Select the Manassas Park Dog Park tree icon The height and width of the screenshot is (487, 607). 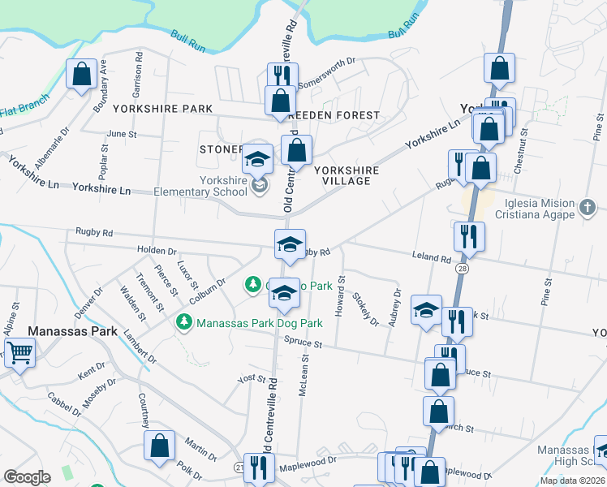tap(184, 323)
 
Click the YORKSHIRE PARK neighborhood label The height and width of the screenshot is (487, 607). tap(162, 109)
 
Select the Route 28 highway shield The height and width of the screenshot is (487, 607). tap(462, 267)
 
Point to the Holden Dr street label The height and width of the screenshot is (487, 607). tap(157, 250)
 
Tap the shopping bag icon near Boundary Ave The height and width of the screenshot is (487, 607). tap(82, 75)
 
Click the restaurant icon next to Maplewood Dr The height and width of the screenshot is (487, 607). tap(259, 468)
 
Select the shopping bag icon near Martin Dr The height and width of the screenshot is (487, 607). tap(160, 445)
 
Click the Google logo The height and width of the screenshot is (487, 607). tap(28, 477)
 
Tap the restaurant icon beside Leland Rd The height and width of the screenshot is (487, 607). tap(469, 236)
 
